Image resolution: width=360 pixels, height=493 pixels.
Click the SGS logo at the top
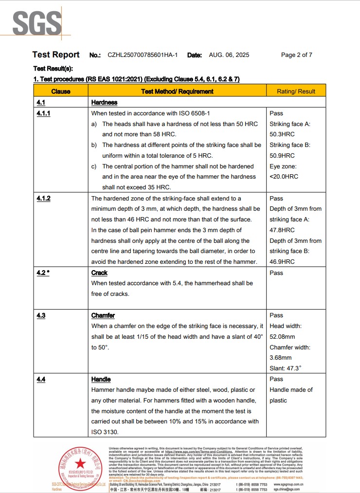pyautogui.click(x=37, y=22)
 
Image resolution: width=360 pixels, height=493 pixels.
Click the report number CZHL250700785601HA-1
pyautogui.click(x=143, y=55)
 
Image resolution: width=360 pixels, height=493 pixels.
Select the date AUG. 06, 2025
pyautogui.click(x=229, y=55)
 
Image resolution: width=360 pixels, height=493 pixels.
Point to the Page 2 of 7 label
pyautogui.click(x=297, y=55)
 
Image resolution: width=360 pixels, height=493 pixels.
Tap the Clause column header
pyautogui.click(x=61, y=91)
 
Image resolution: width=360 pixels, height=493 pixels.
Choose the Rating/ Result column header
pyautogui.click(x=296, y=91)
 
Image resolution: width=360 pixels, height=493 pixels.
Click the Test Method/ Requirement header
pyautogui.click(x=177, y=91)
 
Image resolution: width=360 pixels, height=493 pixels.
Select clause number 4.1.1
pyautogui.click(x=44, y=113)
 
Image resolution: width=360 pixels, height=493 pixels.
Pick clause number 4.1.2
pyautogui.click(x=44, y=199)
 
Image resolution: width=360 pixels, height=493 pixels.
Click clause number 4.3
pyautogui.click(x=41, y=315)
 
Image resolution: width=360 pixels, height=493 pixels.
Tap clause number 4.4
pyautogui.click(x=41, y=379)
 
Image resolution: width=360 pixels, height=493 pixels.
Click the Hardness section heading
pyautogui.click(x=104, y=103)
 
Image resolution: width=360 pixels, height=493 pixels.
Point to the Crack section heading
pyautogui.click(x=99, y=273)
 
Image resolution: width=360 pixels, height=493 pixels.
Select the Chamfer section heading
pyautogui.click(x=103, y=315)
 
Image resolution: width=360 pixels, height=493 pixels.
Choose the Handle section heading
pyautogui.click(x=101, y=379)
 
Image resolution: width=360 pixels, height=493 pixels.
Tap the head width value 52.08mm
pyautogui.click(x=282, y=337)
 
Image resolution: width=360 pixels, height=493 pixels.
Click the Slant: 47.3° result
pyautogui.click(x=286, y=368)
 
